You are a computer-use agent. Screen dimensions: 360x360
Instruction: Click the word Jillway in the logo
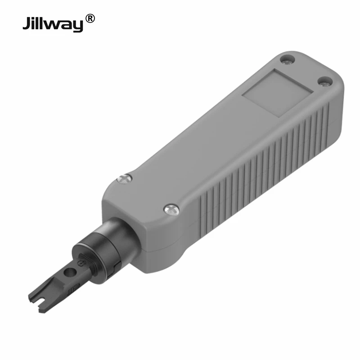[53, 23]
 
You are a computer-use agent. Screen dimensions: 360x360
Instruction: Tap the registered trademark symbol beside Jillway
[90, 18]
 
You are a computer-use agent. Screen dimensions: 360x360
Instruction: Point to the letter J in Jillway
[27, 23]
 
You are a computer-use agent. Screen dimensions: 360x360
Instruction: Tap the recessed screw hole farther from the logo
[325, 81]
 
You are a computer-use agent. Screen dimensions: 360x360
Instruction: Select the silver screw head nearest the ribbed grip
[171, 208]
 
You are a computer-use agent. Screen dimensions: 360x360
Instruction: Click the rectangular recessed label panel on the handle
[278, 92]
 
